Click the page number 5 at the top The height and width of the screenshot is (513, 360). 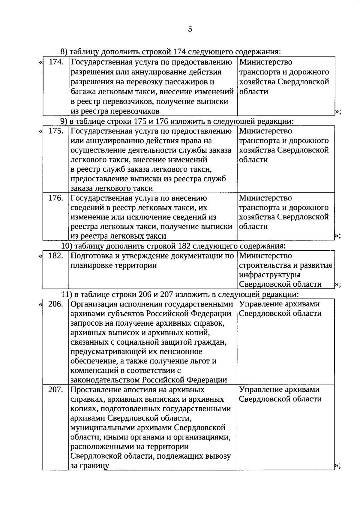tap(190, 29)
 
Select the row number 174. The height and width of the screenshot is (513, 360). tap(56, 62)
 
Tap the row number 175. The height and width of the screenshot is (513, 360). tap(56, 131)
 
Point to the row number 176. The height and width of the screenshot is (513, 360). tap(56, 198)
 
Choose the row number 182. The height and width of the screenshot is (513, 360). tap(56, 256)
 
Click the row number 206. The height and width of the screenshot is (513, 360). tap(56, 304)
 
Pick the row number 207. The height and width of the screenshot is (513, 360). tap(56, 390)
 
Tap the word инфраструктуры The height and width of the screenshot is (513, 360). tap(270, 275)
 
